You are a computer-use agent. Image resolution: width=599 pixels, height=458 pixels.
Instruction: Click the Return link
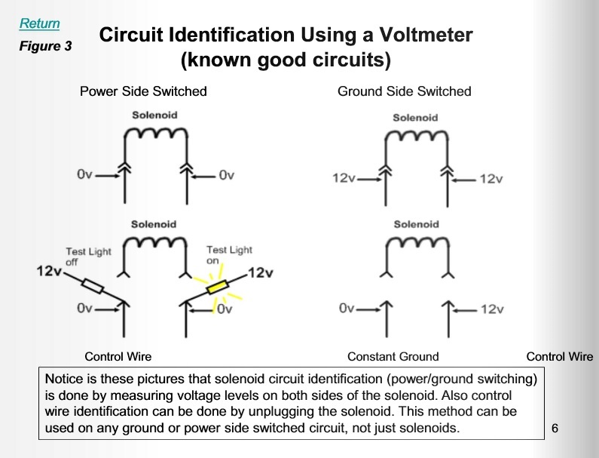[39, 23]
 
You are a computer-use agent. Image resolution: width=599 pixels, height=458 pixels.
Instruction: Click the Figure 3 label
[45, 47]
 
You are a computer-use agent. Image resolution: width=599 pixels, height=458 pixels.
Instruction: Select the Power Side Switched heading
[143, 91]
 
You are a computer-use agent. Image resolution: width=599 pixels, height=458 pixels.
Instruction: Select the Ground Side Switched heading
[404, 91]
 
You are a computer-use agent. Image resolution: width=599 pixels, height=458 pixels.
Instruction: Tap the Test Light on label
[229, 254]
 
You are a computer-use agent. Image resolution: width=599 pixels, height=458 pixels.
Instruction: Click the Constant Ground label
[393, 356]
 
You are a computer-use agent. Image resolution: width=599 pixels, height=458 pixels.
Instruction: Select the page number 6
[555, 429]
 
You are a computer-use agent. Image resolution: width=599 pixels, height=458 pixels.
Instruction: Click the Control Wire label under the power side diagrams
[118, 356]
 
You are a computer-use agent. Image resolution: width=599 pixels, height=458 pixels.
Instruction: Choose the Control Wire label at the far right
[559, 356]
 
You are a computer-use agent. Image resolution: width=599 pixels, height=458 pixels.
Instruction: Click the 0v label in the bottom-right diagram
[347, 309]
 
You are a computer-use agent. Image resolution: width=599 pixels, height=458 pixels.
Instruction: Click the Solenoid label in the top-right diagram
[415, 118]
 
